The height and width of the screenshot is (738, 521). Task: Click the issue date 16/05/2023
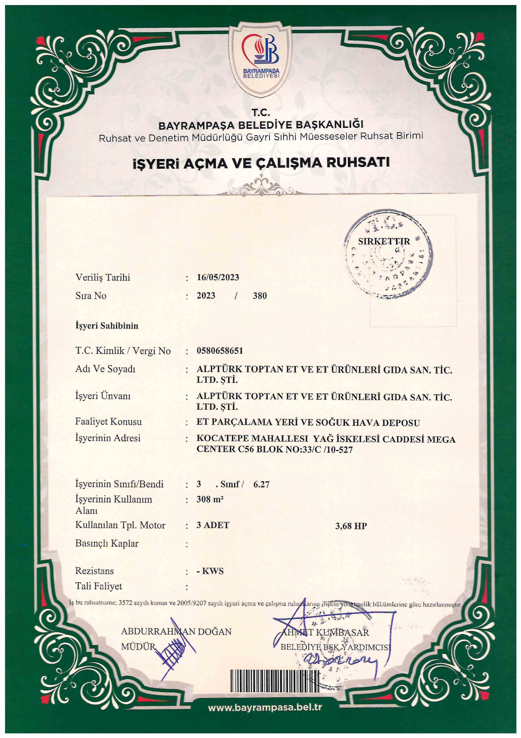coord(218,277)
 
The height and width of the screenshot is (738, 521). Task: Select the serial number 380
coord(260,296)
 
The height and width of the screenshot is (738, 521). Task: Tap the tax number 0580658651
coord(220,350)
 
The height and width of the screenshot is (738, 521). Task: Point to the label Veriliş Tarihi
coord(103,277)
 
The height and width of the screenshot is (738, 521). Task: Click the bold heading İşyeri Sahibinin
coord(107,326)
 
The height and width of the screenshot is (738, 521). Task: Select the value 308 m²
coord(210,499)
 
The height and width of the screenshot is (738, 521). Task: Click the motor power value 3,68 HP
coord(351,526)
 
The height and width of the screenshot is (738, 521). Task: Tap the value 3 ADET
coord(213,525)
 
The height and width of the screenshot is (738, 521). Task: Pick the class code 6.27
coord(261,484)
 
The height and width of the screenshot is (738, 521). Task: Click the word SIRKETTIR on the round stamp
coord(384,242)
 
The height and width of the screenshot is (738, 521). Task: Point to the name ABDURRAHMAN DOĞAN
coord(176,632)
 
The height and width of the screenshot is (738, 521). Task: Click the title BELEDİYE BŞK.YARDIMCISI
coord(335,647)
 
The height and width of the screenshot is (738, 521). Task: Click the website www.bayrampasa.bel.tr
coord(265,707)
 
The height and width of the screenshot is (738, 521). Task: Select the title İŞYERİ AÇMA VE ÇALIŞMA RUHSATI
coord(261,163)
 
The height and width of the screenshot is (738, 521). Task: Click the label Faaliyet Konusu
coord(108,422)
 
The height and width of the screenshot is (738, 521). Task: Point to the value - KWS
coord(210,571)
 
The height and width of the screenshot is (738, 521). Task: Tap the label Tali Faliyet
coord(98,586)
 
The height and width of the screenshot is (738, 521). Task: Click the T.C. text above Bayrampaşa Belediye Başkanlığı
coord(260,112)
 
